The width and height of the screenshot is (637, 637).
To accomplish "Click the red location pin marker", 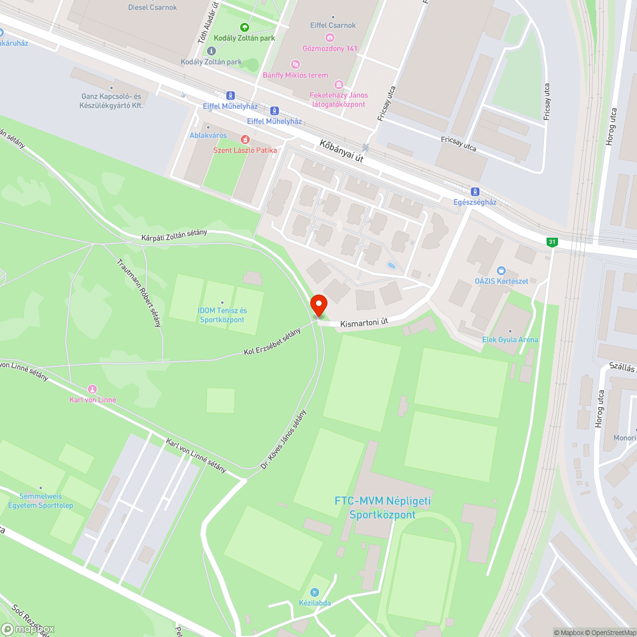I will click(318, 304).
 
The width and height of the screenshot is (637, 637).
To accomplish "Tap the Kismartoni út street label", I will click(364, 324).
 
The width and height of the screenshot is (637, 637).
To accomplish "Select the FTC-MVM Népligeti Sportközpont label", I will click(383, 508).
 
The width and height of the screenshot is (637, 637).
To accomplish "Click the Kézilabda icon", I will click(313, 592).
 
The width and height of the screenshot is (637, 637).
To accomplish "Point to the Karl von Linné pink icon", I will click(92, 389).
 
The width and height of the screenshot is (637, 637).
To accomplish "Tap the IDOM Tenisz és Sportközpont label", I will click(222, 315).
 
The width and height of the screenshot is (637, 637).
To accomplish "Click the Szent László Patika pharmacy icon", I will click(244, 140).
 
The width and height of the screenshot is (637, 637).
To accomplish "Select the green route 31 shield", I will click(551, 241).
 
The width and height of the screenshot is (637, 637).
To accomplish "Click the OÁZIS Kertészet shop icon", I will click(501, 271).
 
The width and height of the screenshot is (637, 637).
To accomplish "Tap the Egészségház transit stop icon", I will click(475, 192).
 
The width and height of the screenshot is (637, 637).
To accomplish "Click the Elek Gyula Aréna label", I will click(510, 340).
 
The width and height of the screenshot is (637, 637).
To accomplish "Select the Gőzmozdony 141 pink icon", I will click(329, 37).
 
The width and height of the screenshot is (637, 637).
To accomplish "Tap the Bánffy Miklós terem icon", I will click(295, 64).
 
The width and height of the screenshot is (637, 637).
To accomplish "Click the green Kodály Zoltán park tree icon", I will click(244, 27).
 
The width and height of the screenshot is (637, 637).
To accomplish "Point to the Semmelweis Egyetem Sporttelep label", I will click(40, 501).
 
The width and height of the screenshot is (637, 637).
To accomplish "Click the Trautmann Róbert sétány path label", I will click(138, 292).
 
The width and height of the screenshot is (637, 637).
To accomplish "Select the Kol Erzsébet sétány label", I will click(272, 343).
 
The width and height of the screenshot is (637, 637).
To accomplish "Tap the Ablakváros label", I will click(208, 135).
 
